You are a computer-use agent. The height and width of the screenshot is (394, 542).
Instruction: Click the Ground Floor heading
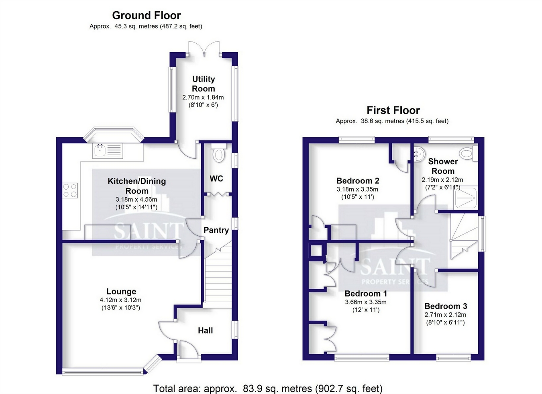click(x=147, y=16)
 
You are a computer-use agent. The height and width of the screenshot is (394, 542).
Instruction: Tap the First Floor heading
click(x=393, y=110)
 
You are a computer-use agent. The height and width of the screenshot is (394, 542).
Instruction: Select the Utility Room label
click(x=203, y=84)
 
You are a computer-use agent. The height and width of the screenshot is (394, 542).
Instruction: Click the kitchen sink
click(x=108, y=151)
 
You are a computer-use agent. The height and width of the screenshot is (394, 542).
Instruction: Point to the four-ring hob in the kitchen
click(x=70, y=190)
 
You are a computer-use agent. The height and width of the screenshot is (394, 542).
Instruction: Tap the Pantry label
click(x=216, y=230)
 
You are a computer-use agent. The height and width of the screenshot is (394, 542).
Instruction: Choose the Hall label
click(x=206, y=331)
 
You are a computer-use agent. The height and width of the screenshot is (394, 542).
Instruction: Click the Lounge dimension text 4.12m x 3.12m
click(x=120, y=300)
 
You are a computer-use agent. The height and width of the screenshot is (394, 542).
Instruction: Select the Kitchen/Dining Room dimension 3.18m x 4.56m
click(x=136, y=200)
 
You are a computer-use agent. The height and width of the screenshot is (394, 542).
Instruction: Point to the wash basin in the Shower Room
click(x=419, y=154)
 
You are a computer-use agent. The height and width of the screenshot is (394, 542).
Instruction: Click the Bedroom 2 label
click(x=358, y=181)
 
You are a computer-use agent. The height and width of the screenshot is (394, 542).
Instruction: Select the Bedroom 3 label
click(x=446, y=306)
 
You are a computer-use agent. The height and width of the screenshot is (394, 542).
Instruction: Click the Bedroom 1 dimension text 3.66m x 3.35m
click(x=366, y=302)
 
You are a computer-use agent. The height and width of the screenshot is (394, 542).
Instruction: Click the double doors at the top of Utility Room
click(x=204, y=49)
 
